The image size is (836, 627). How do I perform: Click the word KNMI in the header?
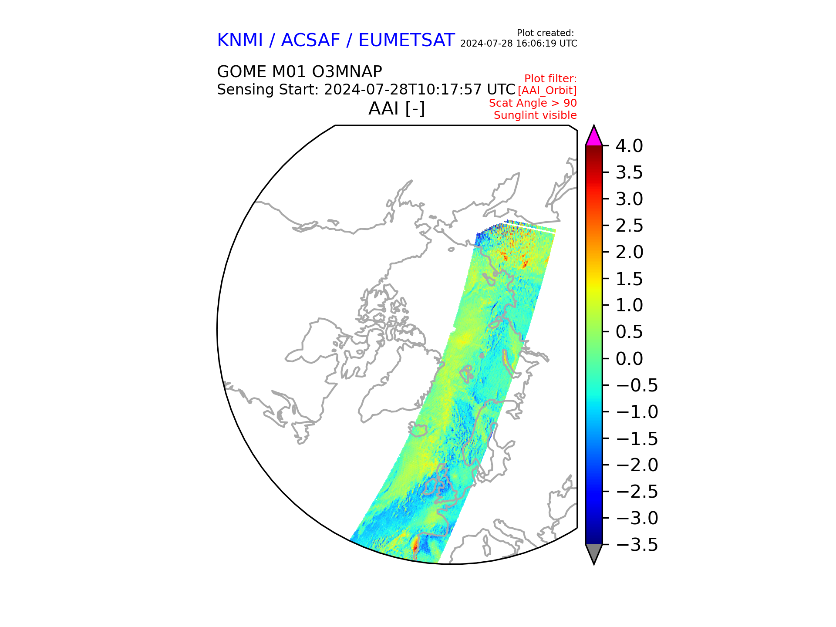tap(240, 40)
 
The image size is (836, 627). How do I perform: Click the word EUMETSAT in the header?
tap(406, 40)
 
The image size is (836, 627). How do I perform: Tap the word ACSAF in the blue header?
tap(310, 40)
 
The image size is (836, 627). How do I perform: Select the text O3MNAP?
tap(347, 71)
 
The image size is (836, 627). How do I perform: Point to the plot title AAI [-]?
tap(397, 108)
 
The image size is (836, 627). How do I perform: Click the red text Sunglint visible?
tap(535, 115)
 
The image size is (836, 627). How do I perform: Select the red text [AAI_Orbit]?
tap(547, 91)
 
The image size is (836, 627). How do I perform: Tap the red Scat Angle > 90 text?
tap(533, 103)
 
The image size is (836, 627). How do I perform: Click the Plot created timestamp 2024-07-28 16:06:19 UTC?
tap(519, 44)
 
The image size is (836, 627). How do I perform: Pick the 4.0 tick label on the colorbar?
tap(629, 146)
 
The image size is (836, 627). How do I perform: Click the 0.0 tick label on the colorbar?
tap(629, 358)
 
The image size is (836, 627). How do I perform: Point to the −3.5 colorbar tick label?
tap(637, 544)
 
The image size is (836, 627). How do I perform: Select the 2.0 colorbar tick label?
tap(629, 252)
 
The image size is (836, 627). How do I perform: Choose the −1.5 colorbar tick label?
tap(637, 438)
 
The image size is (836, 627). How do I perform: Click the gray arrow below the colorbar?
tap(594, 553)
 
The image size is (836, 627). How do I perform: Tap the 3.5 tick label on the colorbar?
tap(629, 172)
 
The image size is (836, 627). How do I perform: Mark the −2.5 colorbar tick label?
tap(637, 491)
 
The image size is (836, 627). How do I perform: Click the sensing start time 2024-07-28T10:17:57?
tap(404, 89)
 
